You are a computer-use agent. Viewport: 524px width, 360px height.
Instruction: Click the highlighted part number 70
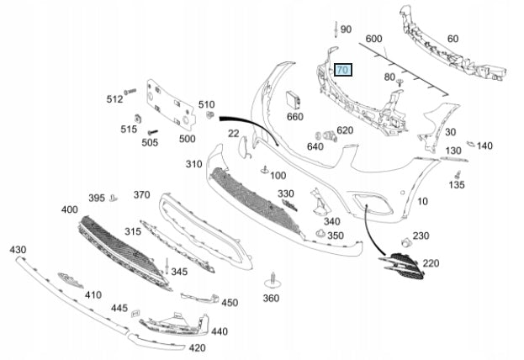point(343,70)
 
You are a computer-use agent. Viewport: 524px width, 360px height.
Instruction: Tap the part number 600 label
point(374,39)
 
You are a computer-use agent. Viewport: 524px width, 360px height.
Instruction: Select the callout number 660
point(295,117)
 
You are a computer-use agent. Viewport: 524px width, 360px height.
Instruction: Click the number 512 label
point(114,99)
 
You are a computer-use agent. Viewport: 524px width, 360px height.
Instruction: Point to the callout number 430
point(18,251)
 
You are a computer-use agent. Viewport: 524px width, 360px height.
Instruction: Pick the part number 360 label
point(271,298)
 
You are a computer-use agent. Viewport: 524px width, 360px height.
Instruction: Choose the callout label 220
point(431,263)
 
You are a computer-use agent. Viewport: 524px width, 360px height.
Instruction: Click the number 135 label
point(456,184)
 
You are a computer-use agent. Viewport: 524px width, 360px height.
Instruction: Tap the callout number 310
point(194,164)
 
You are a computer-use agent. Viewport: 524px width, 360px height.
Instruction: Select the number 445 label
point(119,309)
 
